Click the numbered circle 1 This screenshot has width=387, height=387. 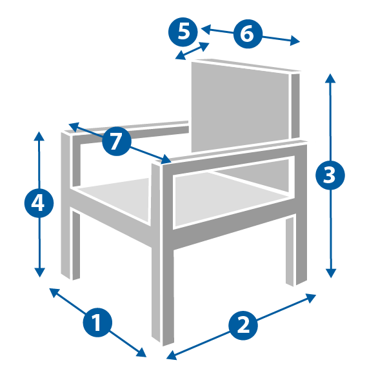coord(97,322)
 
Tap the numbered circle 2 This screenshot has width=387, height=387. coord(243,325)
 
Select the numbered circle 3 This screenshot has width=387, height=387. coord(330,175)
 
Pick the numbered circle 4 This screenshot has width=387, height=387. coord(39,203)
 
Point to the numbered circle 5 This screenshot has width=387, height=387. coord(183,32)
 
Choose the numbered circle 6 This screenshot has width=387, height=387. coord(248,34)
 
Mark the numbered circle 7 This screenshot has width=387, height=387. coord(117,141)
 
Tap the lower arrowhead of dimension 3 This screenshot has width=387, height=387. coord(331,273)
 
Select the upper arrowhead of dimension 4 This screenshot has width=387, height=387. coord(39,135)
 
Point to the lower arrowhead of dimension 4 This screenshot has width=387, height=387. coord(39,273)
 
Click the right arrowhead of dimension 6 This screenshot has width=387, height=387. coord(295,41)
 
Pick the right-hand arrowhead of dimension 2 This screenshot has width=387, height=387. coord(311,297)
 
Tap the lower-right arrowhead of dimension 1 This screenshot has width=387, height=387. coord(142,353)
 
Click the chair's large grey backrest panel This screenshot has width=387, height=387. coord(240,107)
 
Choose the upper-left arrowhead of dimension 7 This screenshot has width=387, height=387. coord(74,126)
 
